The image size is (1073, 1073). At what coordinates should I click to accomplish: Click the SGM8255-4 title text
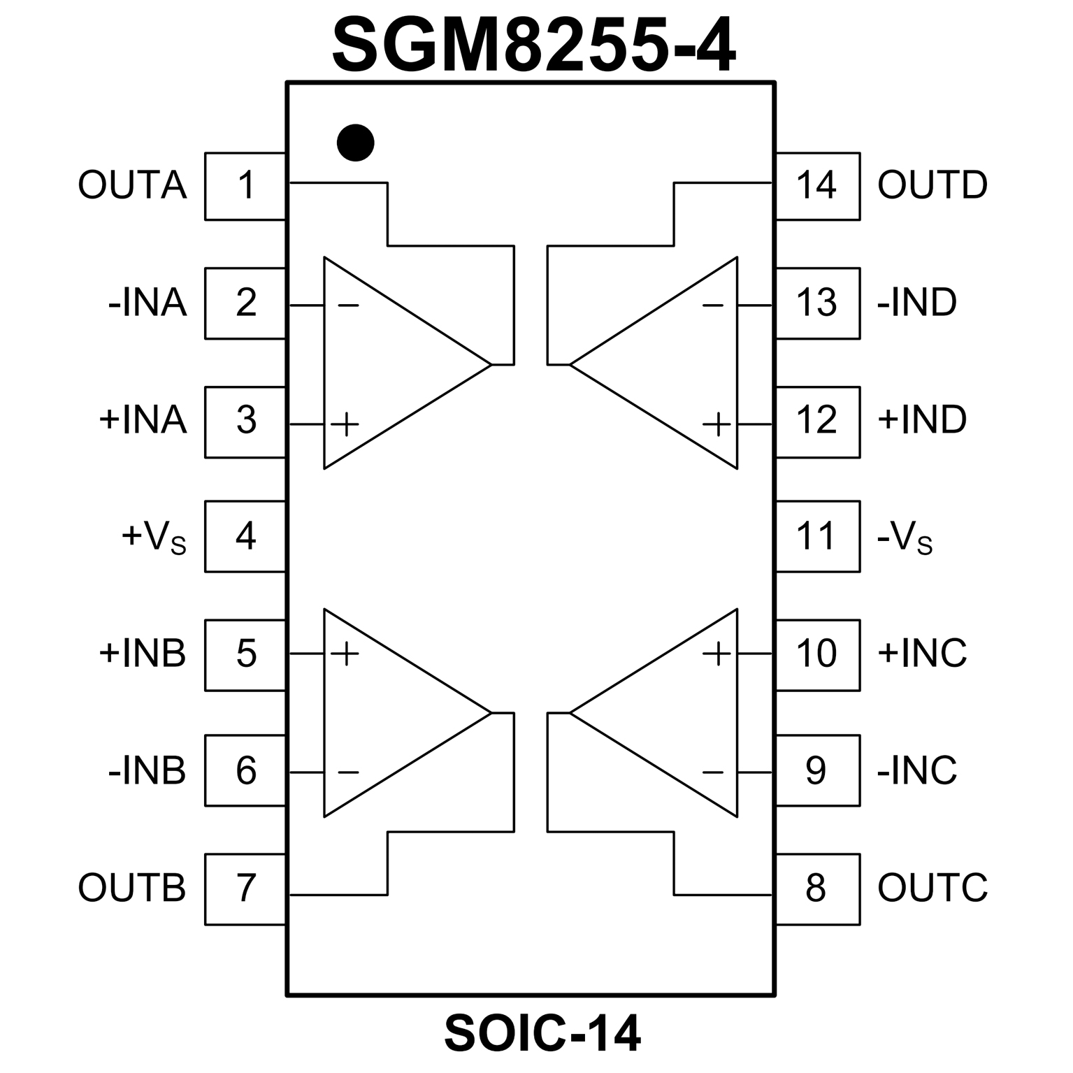(534, 46)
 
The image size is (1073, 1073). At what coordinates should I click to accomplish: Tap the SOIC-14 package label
(542, 1034)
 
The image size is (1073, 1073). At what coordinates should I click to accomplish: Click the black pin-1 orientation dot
(355, 143)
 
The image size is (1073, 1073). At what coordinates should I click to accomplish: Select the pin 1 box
(245, 186)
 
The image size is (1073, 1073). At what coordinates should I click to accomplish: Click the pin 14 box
(817, 186)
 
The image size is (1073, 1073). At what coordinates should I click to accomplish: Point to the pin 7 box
(245, 888)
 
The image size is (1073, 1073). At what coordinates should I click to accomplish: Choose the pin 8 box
(817, 888)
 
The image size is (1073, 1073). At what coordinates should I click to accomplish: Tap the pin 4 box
(245, 536)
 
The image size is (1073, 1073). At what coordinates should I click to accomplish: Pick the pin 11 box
(817, 536)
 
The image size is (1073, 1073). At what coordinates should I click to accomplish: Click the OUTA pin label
(132, 186)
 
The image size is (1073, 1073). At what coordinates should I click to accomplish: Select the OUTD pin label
(932, 186)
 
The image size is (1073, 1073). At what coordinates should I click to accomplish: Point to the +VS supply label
(154, 538)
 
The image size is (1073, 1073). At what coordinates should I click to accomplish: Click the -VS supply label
(905, 538)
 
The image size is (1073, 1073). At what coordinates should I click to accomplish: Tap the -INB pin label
(147, 771)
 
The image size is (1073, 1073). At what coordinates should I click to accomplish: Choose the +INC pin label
(921, 654)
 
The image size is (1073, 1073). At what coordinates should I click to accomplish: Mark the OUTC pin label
(932, 888)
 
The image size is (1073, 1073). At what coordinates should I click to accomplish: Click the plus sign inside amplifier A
(345, 424)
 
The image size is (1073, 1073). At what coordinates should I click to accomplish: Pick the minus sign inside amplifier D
(712, 305)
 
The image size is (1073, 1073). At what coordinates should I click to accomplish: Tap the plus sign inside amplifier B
(345, 654)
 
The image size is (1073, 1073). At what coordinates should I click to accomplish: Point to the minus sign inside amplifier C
(712, 772)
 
